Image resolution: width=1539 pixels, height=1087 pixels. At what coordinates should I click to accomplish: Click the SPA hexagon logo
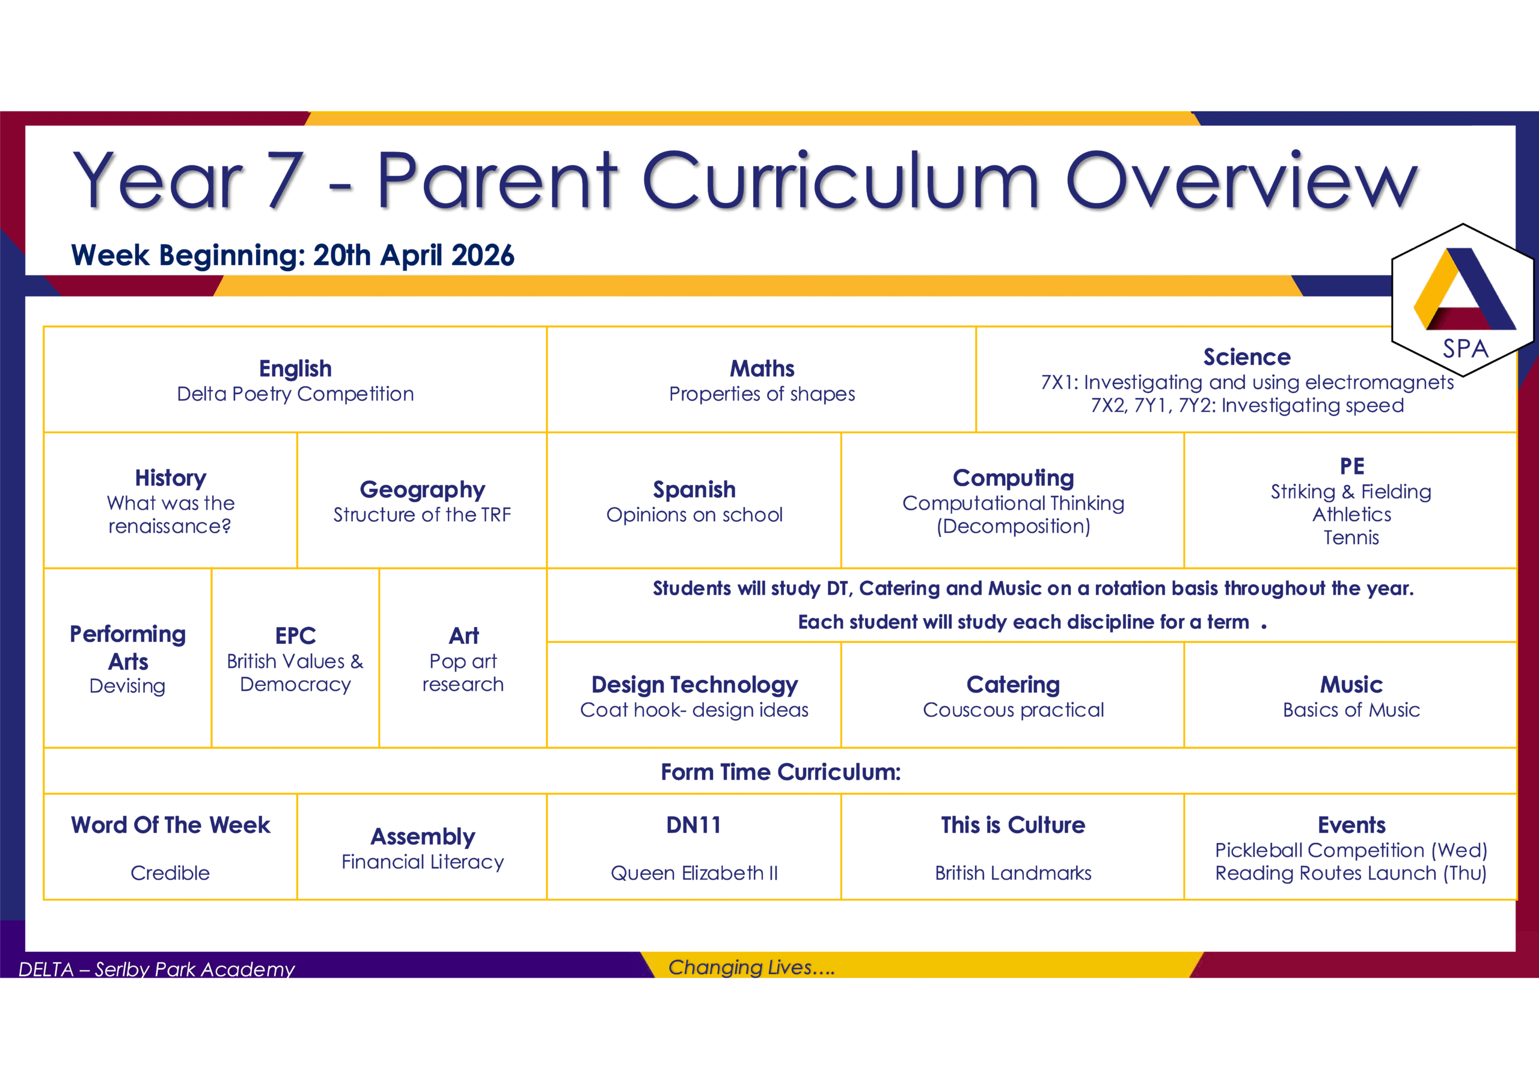tap(1463, 300)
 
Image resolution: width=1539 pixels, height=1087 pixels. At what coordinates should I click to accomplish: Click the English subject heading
tap(296, 369)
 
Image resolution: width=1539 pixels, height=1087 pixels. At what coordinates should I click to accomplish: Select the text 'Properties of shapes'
tap(762, 394)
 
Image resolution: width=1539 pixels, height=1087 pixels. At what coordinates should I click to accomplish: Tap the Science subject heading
tap(1247, 357)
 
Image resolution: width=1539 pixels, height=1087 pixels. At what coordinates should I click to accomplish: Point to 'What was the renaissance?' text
tap(170, 515)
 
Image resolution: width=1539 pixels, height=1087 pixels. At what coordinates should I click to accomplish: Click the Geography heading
tap(422, 490)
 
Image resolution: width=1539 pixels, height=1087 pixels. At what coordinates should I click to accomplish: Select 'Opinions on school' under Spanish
tap(694, 515)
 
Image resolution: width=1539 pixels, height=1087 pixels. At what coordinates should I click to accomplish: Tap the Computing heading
tap(1014, 478)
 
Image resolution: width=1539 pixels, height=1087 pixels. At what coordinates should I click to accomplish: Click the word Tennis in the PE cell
tap(1351, 537)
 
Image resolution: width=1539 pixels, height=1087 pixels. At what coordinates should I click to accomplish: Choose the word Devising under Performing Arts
tap(127, 686)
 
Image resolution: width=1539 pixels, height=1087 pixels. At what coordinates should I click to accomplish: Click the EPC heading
tap(296, 635)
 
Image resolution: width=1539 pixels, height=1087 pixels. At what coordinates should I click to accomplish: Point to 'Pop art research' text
tap(463, 673)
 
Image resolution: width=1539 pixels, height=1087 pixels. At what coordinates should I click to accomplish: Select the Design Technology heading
tap(694, 685)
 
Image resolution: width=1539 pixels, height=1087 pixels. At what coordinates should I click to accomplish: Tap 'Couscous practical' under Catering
tap(1014, 709)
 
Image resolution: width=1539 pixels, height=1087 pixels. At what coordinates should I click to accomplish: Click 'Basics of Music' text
tap(1351, 709)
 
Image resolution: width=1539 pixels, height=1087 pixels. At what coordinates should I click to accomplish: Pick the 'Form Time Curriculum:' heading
tap(781, 772)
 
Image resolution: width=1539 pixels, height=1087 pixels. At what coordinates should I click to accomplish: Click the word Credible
tap(170, 873)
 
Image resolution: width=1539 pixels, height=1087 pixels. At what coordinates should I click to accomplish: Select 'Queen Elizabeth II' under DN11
tap(694, 873)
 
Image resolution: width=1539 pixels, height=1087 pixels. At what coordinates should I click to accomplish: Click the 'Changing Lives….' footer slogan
tap(751, 967)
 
